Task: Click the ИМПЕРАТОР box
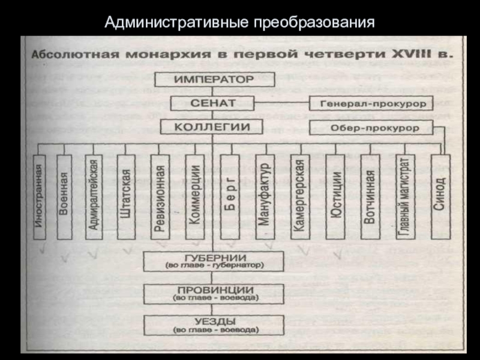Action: click(215, 79)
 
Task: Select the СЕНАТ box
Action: click(215, 103)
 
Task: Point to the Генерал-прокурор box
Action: click(371, 103)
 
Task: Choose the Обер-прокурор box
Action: click(371, 127)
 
